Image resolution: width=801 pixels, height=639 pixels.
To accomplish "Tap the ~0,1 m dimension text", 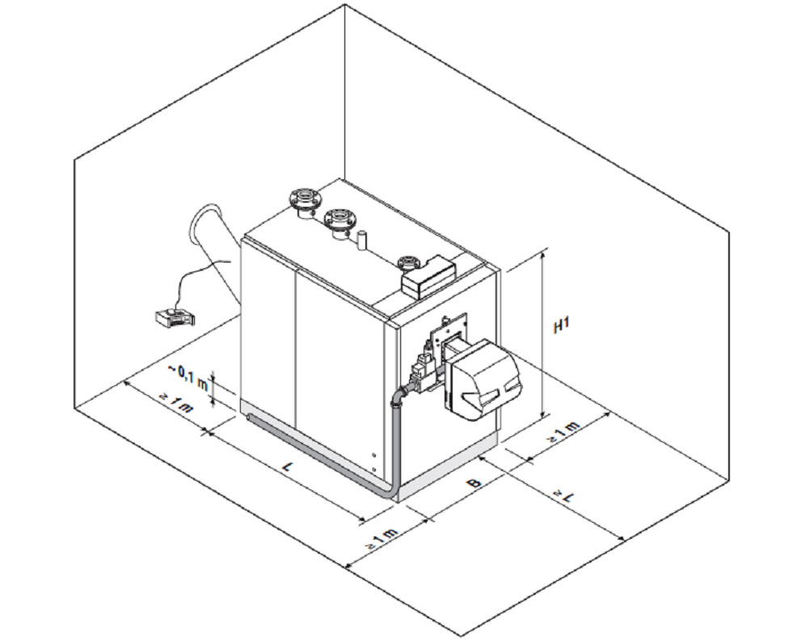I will [187, 375].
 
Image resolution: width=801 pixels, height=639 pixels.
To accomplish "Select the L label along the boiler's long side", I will [288, 466].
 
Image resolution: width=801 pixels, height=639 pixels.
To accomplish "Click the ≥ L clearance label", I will [564, 494].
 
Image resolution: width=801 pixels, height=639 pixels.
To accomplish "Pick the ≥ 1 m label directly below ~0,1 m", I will [176, 401].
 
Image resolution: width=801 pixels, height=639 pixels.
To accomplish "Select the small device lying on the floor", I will [171, 316].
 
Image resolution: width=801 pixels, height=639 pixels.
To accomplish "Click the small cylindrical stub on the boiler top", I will [362, 239].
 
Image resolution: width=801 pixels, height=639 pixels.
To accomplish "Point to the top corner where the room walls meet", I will [346, 6].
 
